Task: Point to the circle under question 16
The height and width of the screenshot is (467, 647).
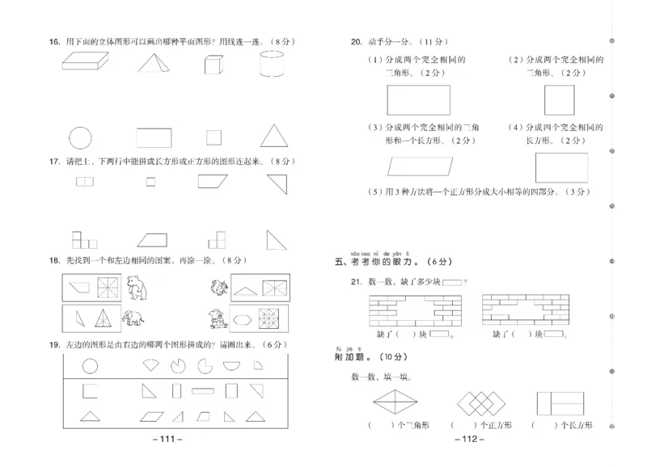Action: (81, 137)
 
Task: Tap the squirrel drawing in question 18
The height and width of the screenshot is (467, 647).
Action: (219, 287)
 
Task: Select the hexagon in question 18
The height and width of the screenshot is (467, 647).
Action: (244, 318)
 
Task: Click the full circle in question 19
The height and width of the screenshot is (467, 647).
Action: (90, 365)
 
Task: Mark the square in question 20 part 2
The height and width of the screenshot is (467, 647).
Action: (560, 100)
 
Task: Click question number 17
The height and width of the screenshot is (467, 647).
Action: (54, 161)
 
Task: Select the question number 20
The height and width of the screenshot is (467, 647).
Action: (355, 41)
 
